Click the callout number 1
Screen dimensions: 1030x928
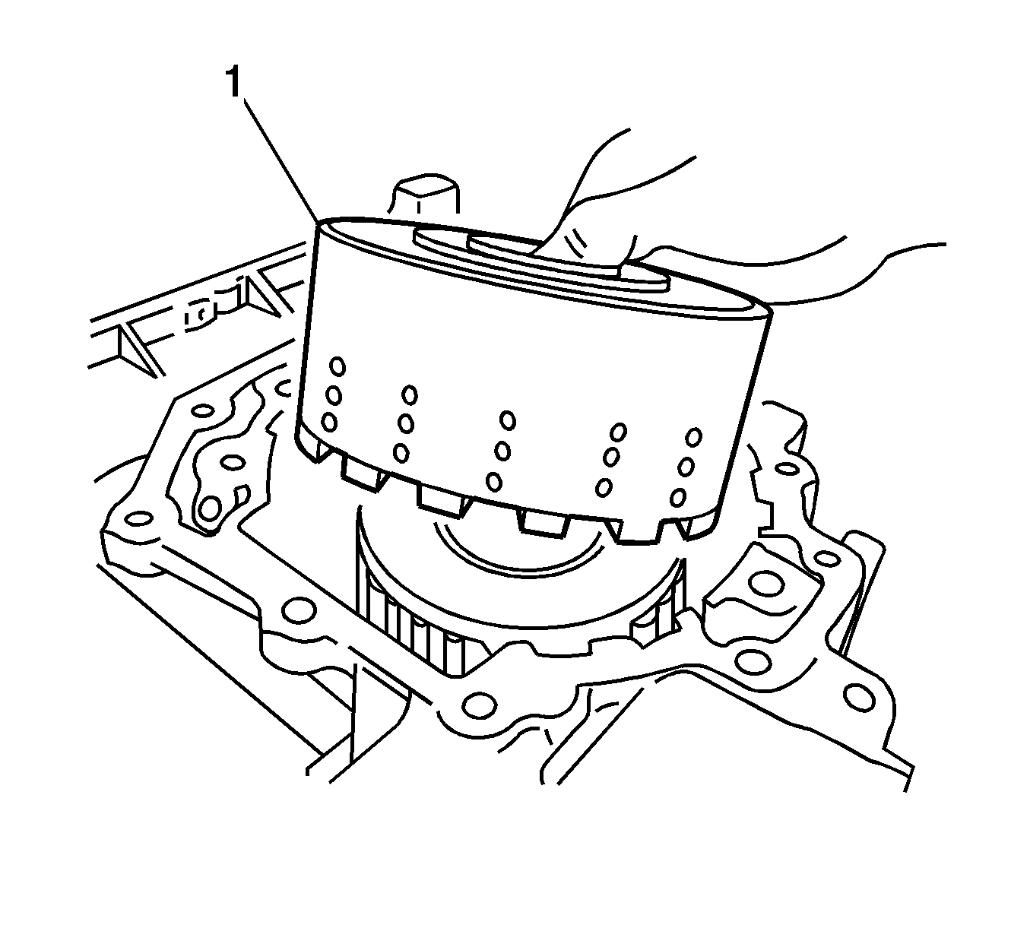coord(233,83)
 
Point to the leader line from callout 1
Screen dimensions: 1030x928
coord(280,160)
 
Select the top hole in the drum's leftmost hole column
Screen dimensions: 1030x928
coord(338,366)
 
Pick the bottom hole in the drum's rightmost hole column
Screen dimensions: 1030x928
coord(678,496)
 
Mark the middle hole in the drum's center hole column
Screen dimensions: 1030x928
coord(502,451)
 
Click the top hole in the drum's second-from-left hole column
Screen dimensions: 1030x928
coord(410,395)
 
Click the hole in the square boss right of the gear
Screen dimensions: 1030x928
coord(766,583)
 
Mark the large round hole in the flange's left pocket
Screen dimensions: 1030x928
coord(210,508)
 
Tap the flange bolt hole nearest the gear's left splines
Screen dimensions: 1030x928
coord(298,611)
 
